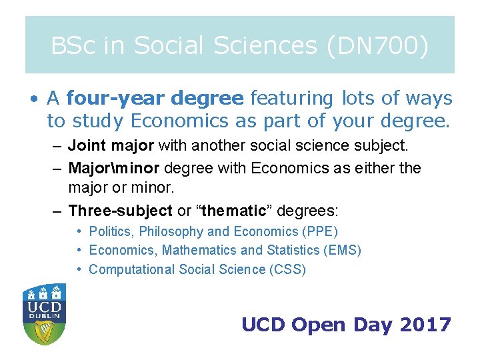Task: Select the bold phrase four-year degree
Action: pos(155,99)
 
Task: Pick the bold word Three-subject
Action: pos(121,211)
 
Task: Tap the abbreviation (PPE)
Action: pos(321,232)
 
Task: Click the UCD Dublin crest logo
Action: pos(44,313)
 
